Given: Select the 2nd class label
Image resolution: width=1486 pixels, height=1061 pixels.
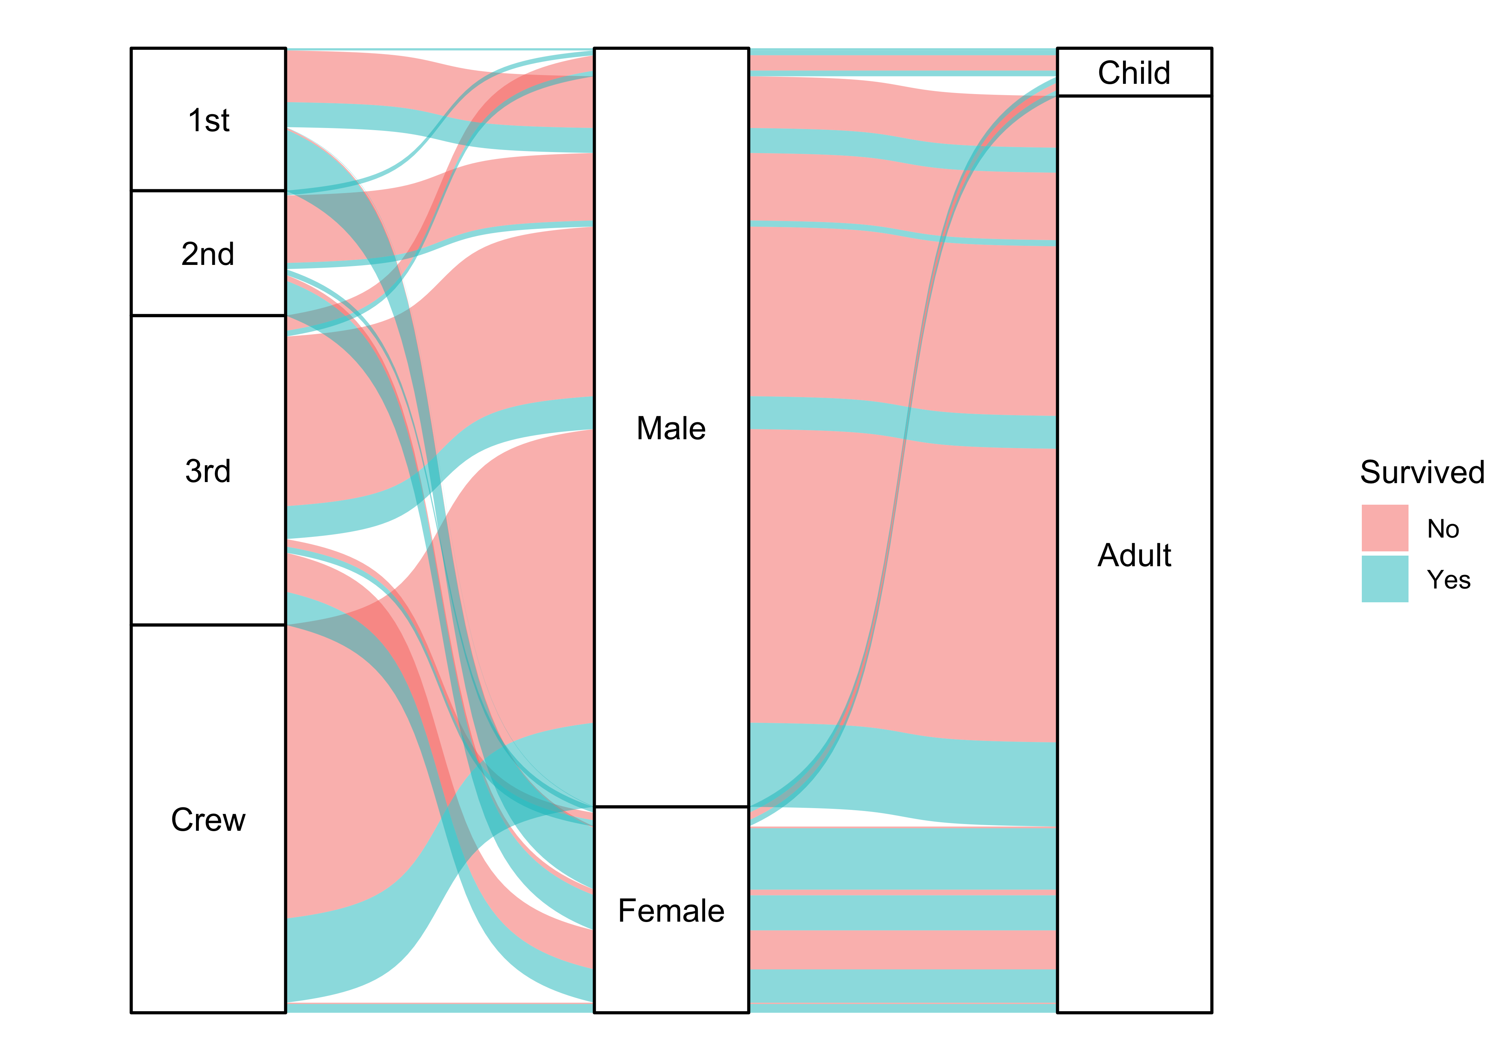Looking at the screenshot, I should click(208, 254).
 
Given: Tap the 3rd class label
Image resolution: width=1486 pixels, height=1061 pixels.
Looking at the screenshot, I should click(208, 471).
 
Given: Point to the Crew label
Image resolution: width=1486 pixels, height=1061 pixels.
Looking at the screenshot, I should click(208, 820).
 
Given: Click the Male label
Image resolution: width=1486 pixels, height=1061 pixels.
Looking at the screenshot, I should click(671, 429).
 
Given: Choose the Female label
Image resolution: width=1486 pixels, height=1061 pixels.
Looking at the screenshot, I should click(671, 911).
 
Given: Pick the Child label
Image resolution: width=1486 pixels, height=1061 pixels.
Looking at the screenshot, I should click(1134, 73).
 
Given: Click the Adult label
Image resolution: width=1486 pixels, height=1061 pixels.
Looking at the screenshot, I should click(1134, 555).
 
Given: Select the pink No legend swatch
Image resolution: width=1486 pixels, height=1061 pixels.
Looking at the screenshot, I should click(1385, 528).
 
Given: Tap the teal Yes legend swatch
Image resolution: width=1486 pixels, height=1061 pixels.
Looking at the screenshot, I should click(1385, 579).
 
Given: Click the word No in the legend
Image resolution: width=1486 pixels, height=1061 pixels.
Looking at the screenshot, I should click(1443, 528).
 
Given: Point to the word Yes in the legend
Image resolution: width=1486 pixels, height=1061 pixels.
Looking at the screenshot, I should click(1448, 580).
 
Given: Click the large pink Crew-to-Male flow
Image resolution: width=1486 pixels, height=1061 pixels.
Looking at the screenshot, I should click(340, 771).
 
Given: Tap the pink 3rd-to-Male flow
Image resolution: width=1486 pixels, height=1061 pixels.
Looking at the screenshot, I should click(340, 418).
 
